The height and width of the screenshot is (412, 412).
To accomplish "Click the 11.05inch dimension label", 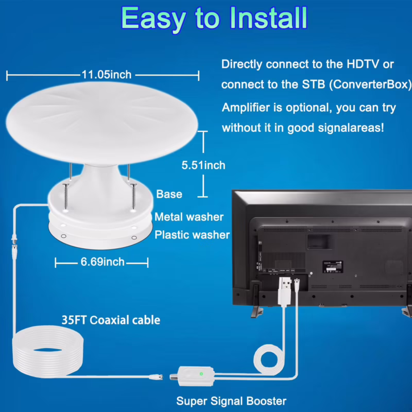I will click(107, 75).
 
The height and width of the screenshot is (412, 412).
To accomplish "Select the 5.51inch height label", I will click(203, 165).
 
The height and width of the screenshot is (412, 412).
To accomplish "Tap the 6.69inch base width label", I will click(102, 262).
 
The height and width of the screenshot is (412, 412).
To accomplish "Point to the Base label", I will click(169, 194).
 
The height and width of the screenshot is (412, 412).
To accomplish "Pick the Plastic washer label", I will click(192, 235).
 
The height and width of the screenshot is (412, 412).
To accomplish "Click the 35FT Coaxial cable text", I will click(111, 320).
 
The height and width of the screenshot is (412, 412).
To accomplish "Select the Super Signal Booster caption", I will click(231, 401).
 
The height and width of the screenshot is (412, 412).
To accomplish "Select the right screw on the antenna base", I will click(133, 195).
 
